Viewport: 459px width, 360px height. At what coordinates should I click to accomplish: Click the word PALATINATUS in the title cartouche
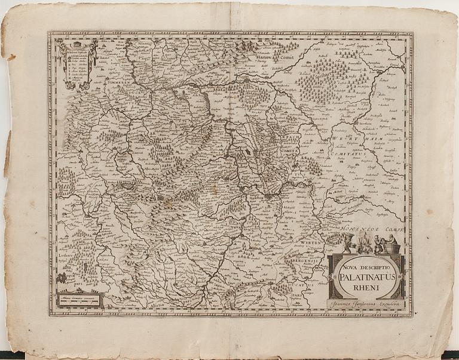(366, 276)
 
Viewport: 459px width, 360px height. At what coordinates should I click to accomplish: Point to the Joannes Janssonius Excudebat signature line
(366, 306)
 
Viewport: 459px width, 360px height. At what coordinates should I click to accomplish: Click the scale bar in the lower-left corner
(80, 300)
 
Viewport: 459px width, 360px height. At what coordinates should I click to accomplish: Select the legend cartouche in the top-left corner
(78, 63)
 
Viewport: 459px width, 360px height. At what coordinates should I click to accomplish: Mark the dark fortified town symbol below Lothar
(62, 278)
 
